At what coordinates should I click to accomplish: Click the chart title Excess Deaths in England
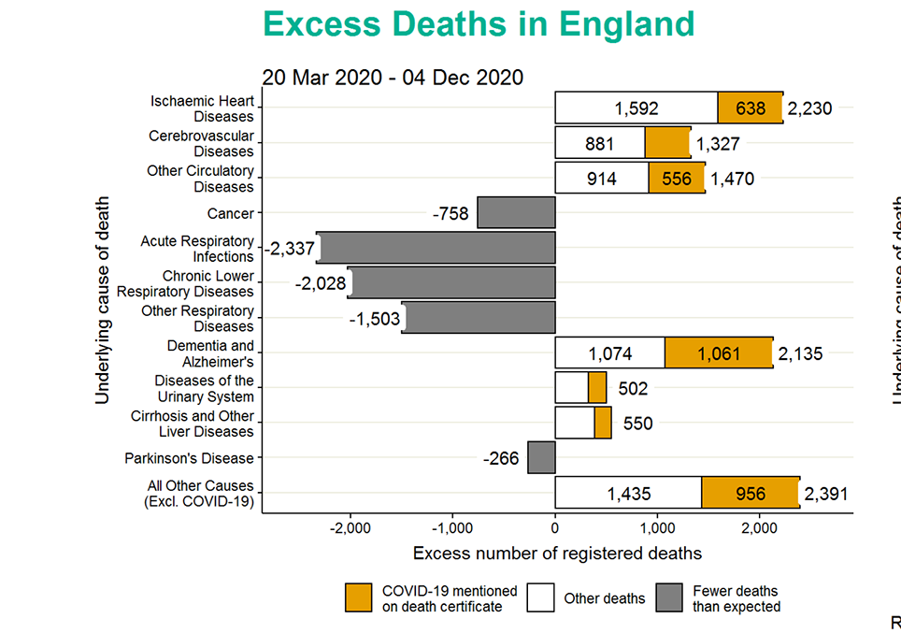[x=479, y=23]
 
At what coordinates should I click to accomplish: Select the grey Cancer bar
[x=516, y=212]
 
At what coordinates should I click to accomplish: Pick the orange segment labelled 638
[x=750, y=108]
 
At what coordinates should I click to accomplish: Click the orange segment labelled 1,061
[x=719, y=353]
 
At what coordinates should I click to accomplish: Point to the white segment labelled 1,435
[x=628, y=493]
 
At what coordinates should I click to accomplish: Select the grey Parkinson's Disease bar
[x=541, y=458]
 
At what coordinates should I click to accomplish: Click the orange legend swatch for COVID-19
[x=359, y=598]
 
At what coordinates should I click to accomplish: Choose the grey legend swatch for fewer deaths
[x=669, y=598]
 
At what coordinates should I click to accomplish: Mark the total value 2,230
[x=808, y=108]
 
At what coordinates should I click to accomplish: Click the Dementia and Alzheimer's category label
[x=210, y=353]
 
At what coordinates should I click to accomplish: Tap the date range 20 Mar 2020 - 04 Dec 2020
[x=393, y=77]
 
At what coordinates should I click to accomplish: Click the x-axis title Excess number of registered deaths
[x=557, y=554]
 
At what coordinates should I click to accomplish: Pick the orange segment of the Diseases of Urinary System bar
[x=597, y=387]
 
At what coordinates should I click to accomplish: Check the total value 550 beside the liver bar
[x=637, y=424]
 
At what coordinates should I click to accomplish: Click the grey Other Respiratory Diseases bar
[x=479, y=318]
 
